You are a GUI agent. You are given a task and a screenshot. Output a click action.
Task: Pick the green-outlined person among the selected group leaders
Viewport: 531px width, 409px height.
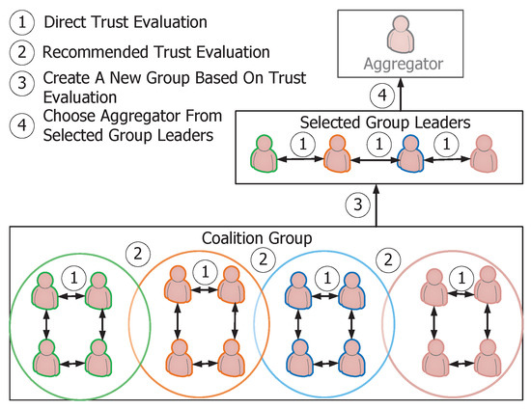(x=264, y=154)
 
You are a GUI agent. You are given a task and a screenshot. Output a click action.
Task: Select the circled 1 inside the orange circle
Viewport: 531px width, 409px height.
(x=203, y=274)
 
